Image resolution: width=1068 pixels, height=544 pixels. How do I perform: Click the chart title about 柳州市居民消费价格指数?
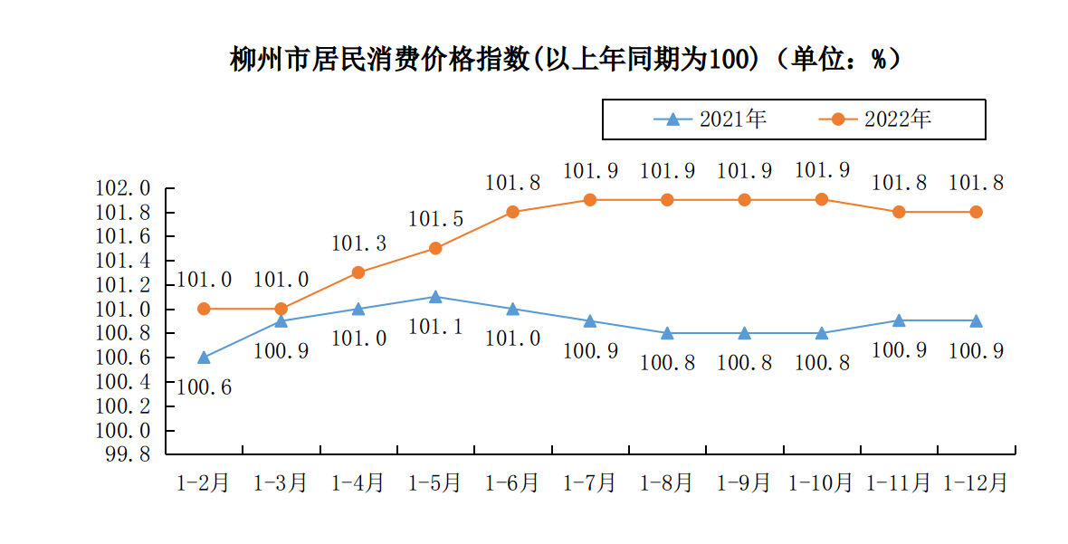tap(566, 60)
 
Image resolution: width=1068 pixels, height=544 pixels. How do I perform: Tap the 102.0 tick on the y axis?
tap(123, 189)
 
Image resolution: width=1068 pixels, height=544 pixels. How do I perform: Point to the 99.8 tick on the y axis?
tap(128, 454)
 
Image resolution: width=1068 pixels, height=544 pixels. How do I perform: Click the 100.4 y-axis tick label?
tap(123, 382)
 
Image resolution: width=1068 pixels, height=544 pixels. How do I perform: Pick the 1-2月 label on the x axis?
tap(203, 482)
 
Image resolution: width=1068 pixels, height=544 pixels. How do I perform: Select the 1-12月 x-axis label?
tap(976, 482)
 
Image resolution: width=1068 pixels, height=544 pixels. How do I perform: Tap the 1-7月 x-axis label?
tap(589, 482)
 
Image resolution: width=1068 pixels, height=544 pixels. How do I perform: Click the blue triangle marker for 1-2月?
tap(204, 357)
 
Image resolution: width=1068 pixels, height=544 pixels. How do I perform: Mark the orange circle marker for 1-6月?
tap(512, 212)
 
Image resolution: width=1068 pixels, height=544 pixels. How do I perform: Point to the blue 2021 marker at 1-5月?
tap(435, 296)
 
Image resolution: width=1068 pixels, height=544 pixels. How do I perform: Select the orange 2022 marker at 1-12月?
tap(977, 212)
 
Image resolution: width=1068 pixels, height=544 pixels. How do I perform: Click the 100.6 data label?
tap(205, 387)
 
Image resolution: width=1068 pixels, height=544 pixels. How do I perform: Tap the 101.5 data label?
tap(435, 219)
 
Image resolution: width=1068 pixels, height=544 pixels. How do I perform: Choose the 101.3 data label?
tap(358, 243)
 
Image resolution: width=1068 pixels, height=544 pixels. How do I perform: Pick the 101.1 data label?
tap(435, 327)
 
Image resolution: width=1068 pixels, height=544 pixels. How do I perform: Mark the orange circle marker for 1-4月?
tap(358, 272)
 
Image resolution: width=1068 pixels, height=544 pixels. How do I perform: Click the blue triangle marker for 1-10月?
tap(822, 332)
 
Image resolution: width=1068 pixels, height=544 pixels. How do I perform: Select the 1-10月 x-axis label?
tap(822, 482)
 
